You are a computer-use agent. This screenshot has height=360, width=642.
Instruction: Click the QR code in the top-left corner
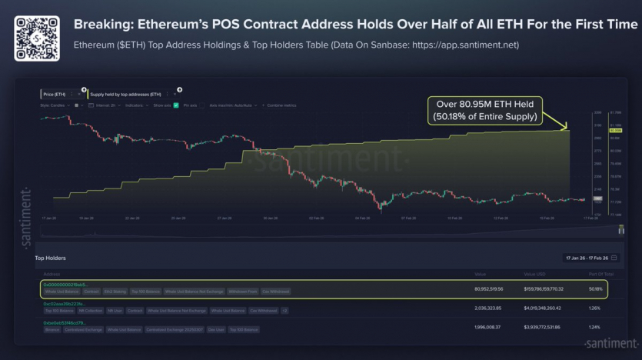pos(36,36)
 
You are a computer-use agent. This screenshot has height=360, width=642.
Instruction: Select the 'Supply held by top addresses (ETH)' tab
pos(126,94)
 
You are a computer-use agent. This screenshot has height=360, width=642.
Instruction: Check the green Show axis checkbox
pos(176,105)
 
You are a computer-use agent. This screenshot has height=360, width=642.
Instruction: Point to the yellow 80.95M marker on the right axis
pos(594,131)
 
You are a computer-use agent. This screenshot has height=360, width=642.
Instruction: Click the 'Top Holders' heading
pos(51,258)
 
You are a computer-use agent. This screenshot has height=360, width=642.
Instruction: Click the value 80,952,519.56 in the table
pos(489,288)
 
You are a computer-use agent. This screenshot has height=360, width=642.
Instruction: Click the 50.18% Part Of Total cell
pos(594,288)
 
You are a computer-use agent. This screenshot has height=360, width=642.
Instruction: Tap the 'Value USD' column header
pos(534,273)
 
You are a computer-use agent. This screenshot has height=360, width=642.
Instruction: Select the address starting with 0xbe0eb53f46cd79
pos(64,322)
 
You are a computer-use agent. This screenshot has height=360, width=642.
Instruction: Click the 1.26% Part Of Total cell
pos(594,308)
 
